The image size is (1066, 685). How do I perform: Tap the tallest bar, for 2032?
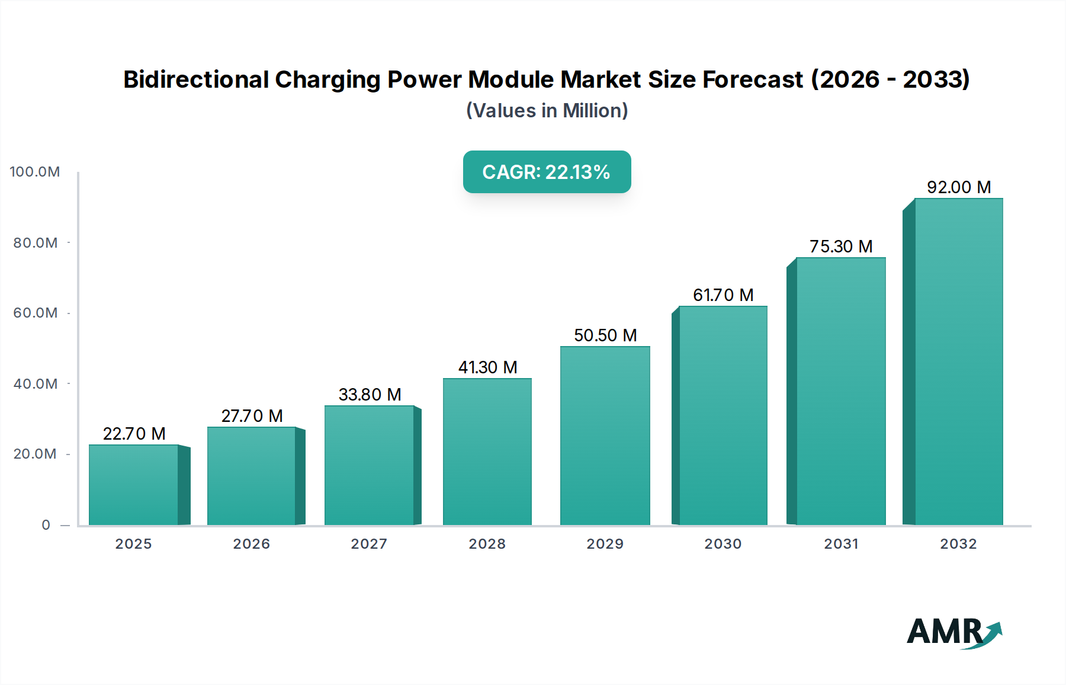[958, 361]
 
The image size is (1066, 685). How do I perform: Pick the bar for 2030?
[723, 415]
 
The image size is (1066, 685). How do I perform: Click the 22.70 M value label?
[134, 434]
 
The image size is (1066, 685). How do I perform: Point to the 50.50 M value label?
[605, 335]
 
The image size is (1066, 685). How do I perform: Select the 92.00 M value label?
[958, 187]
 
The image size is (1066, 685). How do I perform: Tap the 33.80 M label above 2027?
[370, 395]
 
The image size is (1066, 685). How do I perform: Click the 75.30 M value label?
[841, 247]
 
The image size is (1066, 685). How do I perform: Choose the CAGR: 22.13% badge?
[547, 172]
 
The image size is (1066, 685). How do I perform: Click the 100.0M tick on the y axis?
[35, 172]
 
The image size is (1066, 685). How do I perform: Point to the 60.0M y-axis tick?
[36, 313]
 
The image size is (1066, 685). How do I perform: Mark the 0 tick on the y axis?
[46, 525]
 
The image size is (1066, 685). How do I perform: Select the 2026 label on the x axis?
[251, 544]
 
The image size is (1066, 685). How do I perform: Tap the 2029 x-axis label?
[605, 544]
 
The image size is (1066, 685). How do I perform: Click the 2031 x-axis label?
[841, 544]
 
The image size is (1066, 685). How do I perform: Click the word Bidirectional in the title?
[196, 79]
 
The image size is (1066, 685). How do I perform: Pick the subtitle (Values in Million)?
[547, 111]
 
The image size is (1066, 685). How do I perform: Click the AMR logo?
[954, 632]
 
